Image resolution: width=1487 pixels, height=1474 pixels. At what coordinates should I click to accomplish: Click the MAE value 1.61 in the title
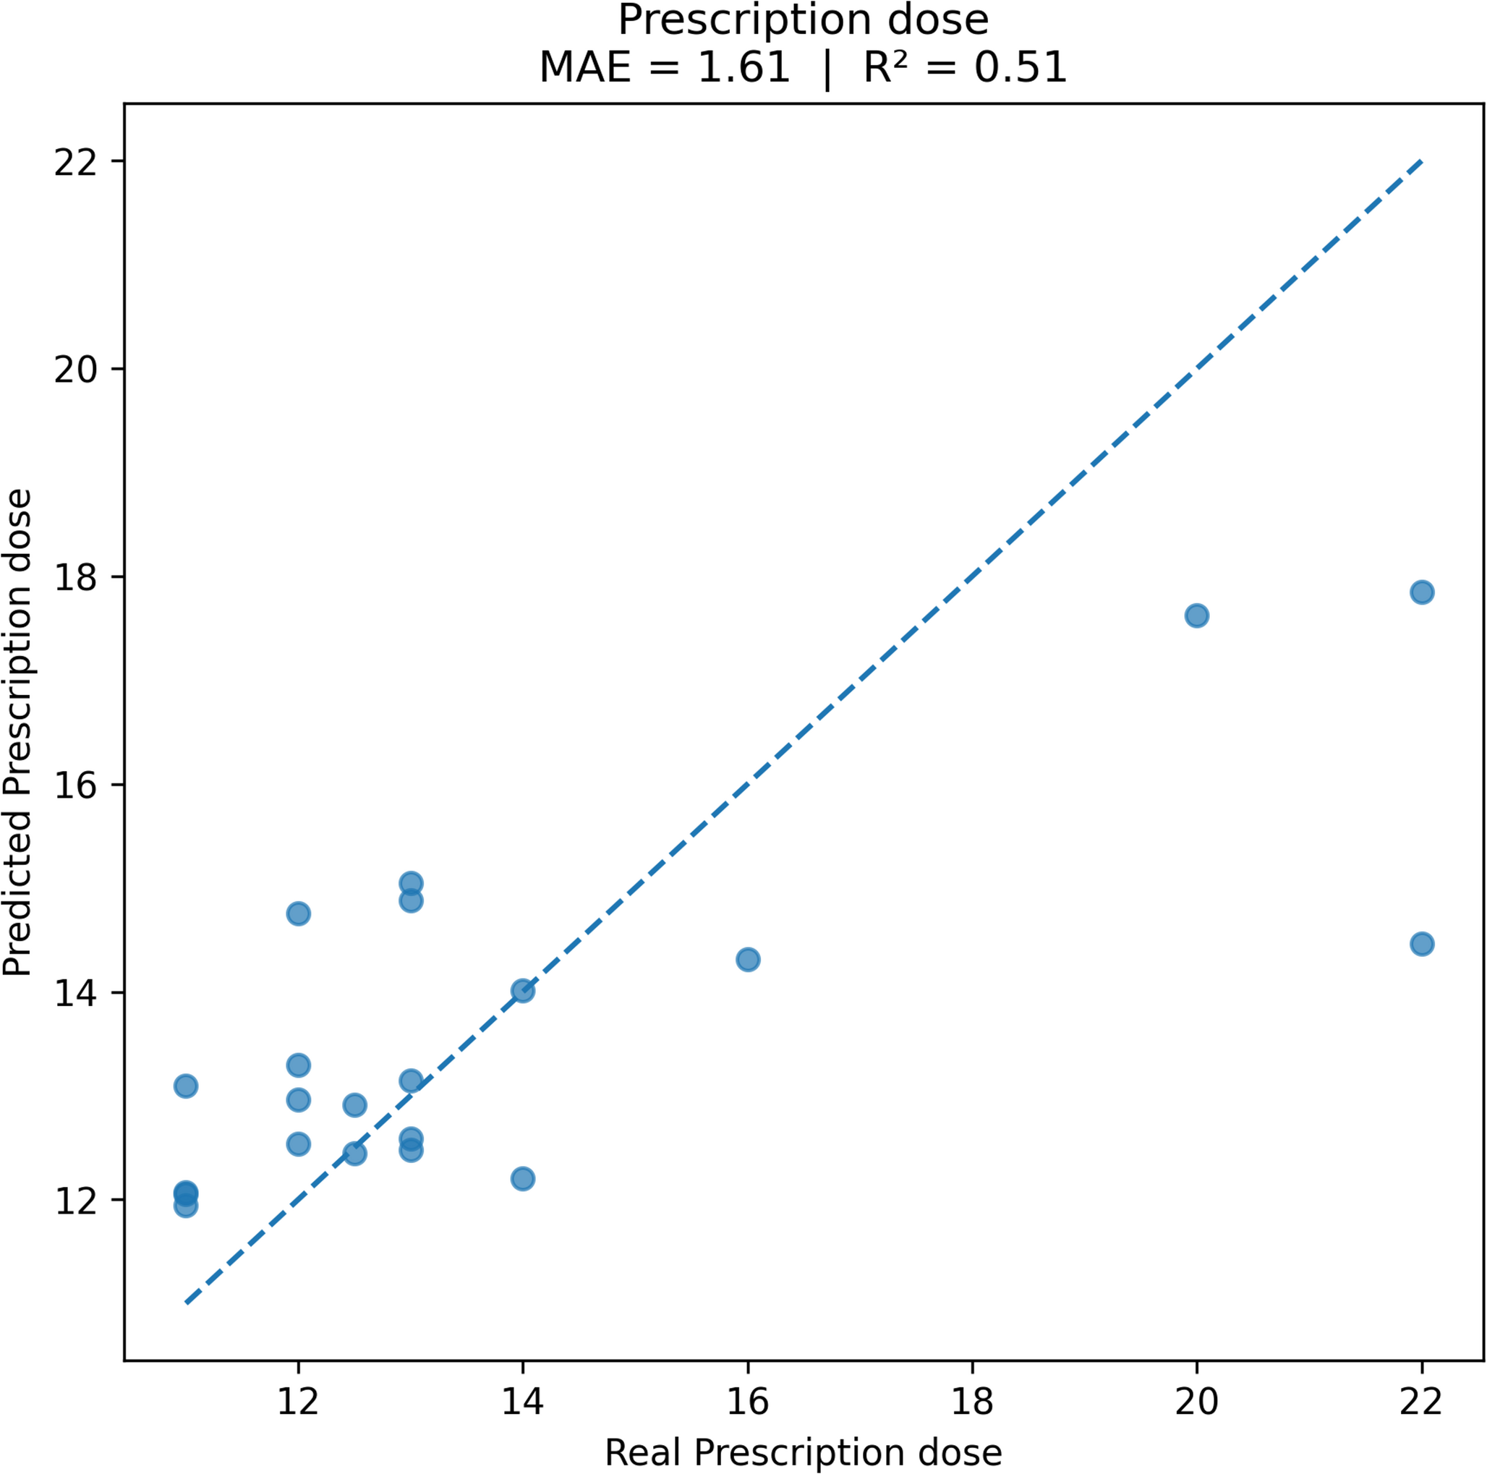click(x=743, y=68)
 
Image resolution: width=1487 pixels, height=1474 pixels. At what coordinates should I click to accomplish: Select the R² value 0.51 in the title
click(x=1020, y=68)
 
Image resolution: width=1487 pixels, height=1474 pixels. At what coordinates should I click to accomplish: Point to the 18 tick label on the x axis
click(x=972, y=1402)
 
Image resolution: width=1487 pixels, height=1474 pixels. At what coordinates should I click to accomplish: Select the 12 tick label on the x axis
click(x=298, y=1402)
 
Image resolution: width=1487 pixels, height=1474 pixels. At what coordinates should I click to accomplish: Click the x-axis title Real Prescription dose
click(x=803, y=1452)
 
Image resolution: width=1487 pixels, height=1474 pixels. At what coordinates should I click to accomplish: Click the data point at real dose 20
click(x=1197, y=615)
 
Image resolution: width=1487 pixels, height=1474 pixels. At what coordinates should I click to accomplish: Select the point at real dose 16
click(x=747, y=960)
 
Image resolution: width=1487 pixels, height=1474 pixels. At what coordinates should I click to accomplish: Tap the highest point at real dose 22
click(x=1422, y=592)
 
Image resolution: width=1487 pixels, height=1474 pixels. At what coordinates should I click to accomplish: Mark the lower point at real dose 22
click(x=1422, y=945)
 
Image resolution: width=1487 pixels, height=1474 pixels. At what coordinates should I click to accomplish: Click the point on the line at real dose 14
click(x=523, y=991)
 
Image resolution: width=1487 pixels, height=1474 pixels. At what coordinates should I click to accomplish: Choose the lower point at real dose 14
click(x=523, y=1179)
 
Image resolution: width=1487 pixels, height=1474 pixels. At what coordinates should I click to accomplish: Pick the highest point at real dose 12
click(x=298, y=913)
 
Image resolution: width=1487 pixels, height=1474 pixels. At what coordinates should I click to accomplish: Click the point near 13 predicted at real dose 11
click(x=185, y=1086)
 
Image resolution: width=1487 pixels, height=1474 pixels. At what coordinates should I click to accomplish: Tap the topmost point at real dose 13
click(x=410, y=883)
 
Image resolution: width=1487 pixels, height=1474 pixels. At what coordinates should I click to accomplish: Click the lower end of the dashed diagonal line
click(x=187, y=1303)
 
